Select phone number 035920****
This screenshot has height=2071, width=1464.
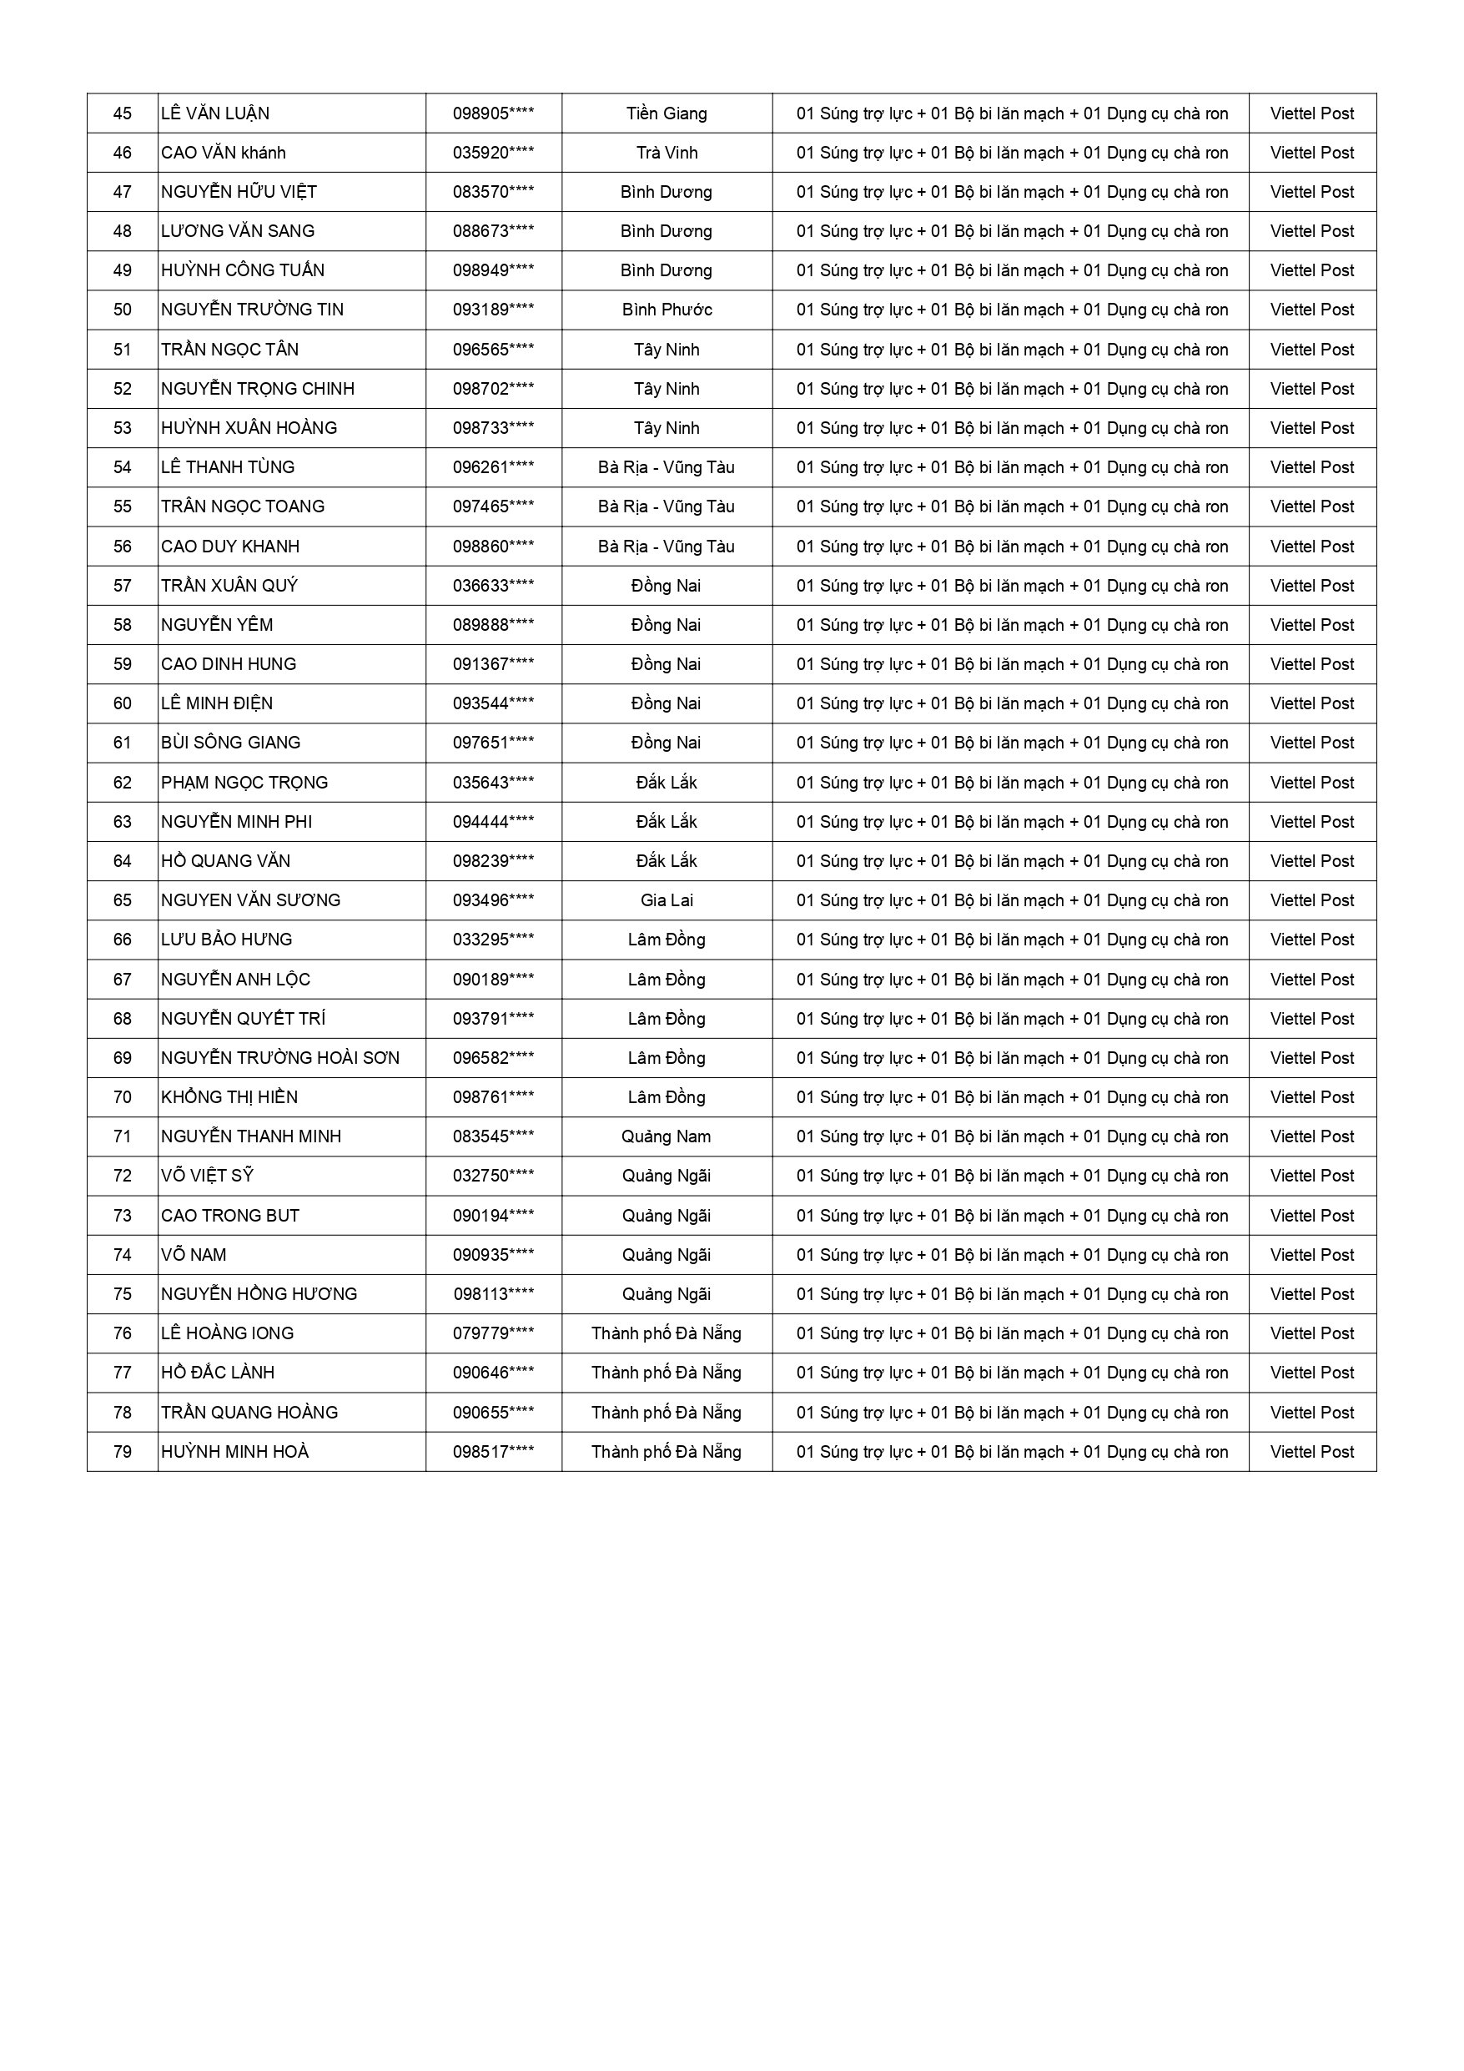[492, 154]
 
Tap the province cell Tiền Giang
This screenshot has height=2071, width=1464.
[667, 113]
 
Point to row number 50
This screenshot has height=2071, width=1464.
[123, 310]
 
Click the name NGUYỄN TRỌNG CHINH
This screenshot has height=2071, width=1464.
[258, 389]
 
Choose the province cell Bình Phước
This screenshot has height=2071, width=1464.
[667, 310]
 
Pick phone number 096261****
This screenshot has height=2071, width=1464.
[492, 467]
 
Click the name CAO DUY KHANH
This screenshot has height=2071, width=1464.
[230, 547]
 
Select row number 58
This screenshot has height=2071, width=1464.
[123, 625]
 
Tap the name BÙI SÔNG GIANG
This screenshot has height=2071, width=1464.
[231, 743]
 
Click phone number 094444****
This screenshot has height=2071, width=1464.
[492, 822]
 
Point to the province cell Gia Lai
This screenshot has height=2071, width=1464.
[667, 900]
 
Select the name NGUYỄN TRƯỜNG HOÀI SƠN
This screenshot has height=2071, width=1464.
[279, 1058]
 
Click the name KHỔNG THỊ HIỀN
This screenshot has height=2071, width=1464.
[229, 1098]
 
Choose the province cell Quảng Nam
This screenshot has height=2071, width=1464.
[667, 1136]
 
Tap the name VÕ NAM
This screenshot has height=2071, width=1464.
[194, 1255]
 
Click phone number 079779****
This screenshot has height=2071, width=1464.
[492, 1333]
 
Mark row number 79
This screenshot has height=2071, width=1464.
[123, 1451]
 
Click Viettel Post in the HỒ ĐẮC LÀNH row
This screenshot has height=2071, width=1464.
[1311, 1373]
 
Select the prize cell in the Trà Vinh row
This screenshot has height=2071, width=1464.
[1011, 154]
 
